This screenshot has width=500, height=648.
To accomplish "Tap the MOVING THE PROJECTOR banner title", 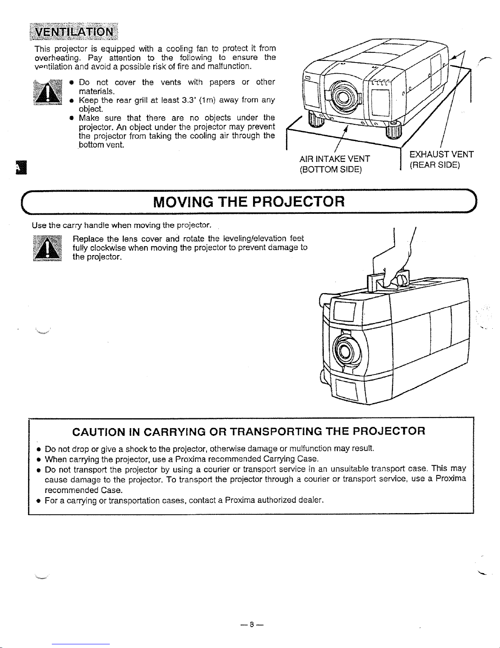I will [249, 202].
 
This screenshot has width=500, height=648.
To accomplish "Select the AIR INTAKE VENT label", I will [335, 159].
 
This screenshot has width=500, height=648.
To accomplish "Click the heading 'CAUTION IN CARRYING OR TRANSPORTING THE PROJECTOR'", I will [249, 431].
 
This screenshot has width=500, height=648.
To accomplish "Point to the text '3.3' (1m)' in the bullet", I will [198, 100].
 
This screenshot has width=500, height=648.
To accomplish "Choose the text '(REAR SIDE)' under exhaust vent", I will [434, 165].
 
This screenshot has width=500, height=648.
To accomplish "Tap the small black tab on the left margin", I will [19, 168].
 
